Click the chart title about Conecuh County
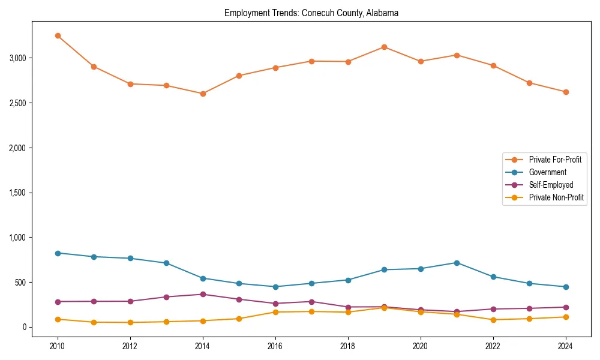pyautogui.click(x=311, y=13)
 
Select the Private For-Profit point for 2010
pyautogui.click(x=58, y=36)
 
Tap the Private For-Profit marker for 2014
pyautogui.click(x=203, y=94)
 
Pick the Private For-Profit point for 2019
pyautogui.click(x=384, y=47)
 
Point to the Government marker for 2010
pyautogui.click(x=58, y=253)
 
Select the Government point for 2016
pyautogui.click(x=275, y=287)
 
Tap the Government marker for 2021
pyautogui.click(x=457, y=263)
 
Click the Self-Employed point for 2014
pyautogui.click(x=203, y=295)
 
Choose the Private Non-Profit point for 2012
pyautogui.click(x=130, y=323)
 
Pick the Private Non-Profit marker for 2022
pyautogui.click(x=493, y=320)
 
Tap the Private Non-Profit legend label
pyautogui.click(x=556, y=197)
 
